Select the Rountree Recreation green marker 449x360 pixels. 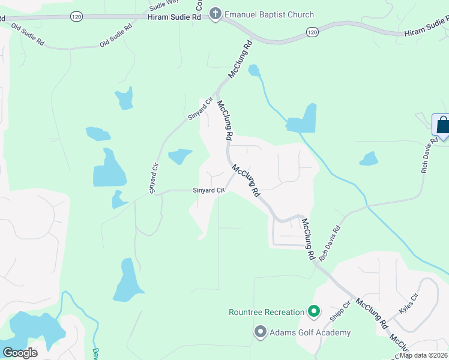click(x=313, y=311)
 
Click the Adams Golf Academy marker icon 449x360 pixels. click(x=260, y=332)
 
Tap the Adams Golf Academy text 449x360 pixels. click(x=310, y=332)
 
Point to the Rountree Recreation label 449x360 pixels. click(x=267, y=312)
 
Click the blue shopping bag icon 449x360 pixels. click(x=443, y=125)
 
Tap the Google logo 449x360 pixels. click(x=19, y=352)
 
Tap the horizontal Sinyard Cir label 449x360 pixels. click(x=208, y=190)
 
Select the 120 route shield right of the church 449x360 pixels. click(x=311, y=31)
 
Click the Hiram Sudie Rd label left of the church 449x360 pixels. click(x=174, y=18)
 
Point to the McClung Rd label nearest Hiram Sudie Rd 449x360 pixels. click(x=240, y=59)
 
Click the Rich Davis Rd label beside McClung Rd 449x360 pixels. click(x=330, y=242)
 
